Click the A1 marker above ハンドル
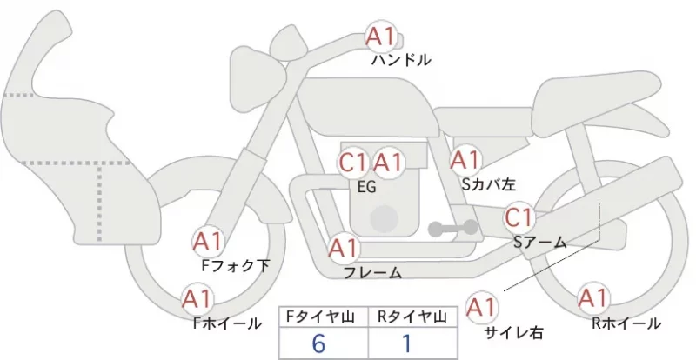[x=380, y=37]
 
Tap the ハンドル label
[x=401, y=60]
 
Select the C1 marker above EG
[x=353, y=163]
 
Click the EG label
[x=366, y=187]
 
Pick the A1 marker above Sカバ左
[x=465, y=160]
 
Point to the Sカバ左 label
[x=488, y=184]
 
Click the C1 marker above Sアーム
[x=519, y=218]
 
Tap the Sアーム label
[x=539, y=243]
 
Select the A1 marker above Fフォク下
[x=208, y=242]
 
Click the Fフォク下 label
[x=235, y=266]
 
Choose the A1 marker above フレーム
[x=344, y=248]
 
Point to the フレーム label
[x=373, y=272]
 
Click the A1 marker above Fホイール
[x=197, y=299]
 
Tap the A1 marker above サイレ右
[x=481, y=307]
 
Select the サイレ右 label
[x=513, y=332]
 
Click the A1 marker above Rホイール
[x=592, y=298]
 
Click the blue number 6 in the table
[x=318, y=343]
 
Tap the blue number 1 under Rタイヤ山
[x=407, y=343]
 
